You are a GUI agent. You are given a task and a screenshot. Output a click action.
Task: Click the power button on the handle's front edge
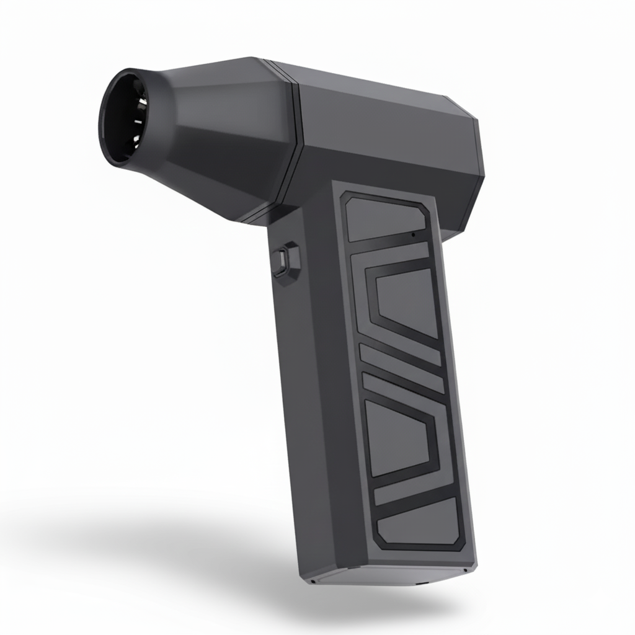pyautogui.click(x=286, y=259)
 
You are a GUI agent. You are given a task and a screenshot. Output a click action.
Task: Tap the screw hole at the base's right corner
pyautogui.click(x=464, y=569)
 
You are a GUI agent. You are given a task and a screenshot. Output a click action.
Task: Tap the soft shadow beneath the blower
pyautogui.click(x=186, y=558)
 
